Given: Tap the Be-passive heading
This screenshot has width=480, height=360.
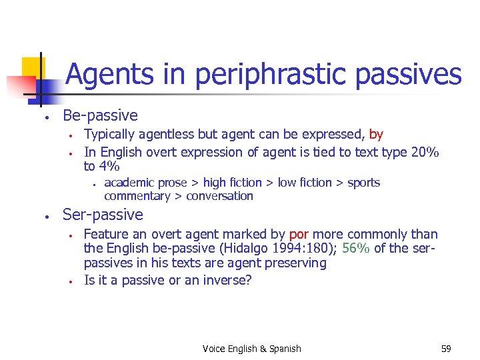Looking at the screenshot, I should point(100,115).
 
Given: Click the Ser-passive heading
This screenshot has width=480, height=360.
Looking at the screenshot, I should point(103,215).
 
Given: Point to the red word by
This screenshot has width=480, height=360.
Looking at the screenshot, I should point(376,135).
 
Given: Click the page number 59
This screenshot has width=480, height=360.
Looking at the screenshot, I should point(446,349).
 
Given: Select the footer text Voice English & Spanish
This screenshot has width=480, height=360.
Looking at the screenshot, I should point(252,349).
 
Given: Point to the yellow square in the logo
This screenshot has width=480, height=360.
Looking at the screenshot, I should point(32,68).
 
